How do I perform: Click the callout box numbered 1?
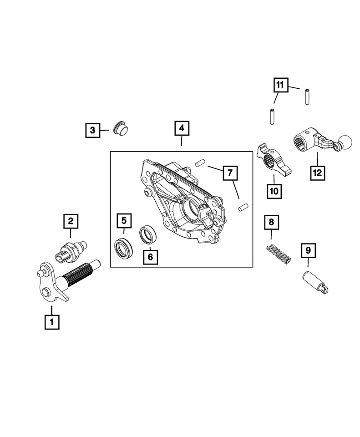pyautogui.click(x=51, y=322)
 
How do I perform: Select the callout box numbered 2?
pyautogui.click(x=71, y=222)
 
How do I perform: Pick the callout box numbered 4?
pyautogui.click(x=181, y=129)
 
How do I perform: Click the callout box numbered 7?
pyautogui.click(x=230, y=173)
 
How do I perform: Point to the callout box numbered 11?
pyautogui.click(x=280, y=85)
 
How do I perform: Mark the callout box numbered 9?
pyautogui.click(x=308, y=250)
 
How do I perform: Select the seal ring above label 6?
pyautogui.click(x=148, y=235)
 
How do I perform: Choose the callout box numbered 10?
pyautogui.click(x=274, y=192)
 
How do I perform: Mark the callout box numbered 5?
pyautogui.click(x=123, y=221)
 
